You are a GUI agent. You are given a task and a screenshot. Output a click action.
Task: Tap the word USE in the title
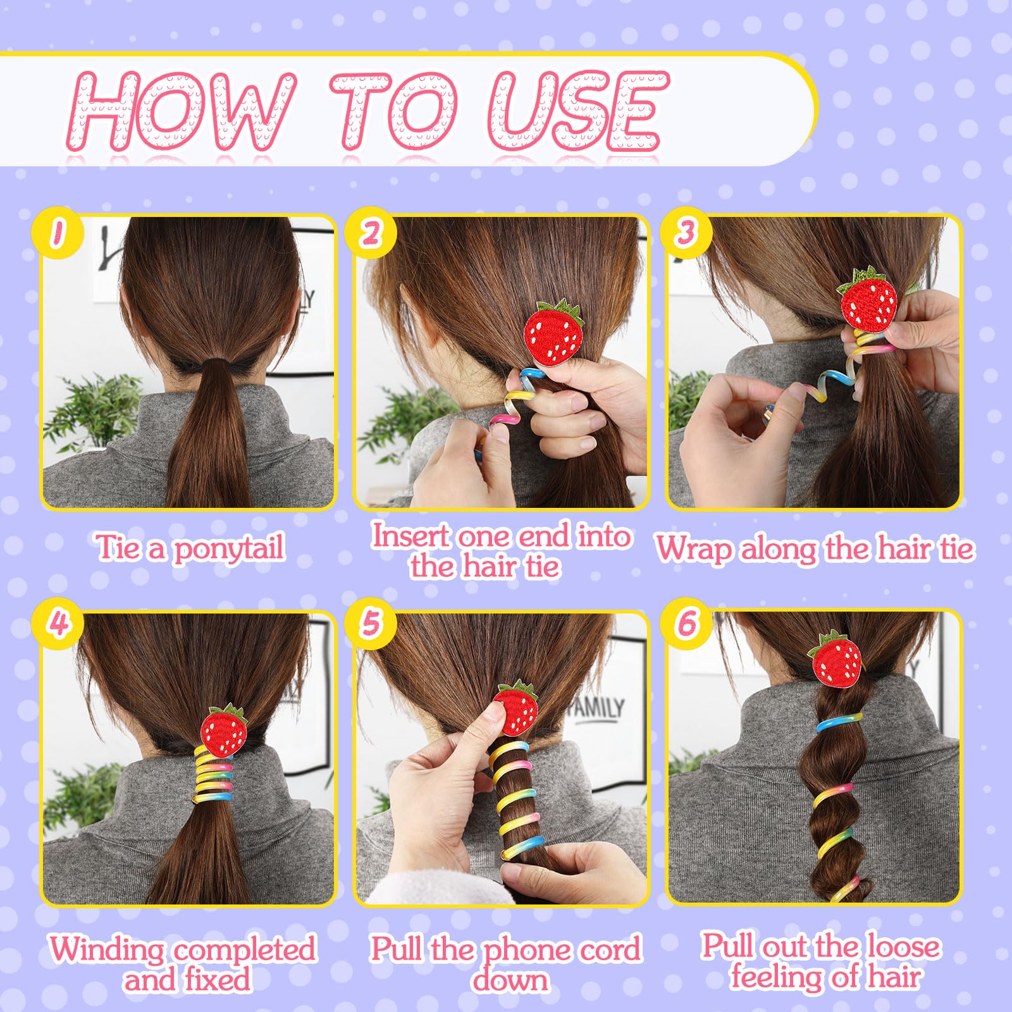click(579, 111)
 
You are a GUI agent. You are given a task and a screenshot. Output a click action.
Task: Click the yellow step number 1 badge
click(58, 232)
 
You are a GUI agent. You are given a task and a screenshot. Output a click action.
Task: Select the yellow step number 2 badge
click(371, 232)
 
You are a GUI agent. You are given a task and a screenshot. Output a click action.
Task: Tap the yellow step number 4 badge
click(58, 624)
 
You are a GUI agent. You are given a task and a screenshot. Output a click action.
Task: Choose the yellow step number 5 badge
click(371, 624)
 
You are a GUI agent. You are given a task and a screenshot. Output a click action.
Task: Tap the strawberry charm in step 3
click(868, 298)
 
